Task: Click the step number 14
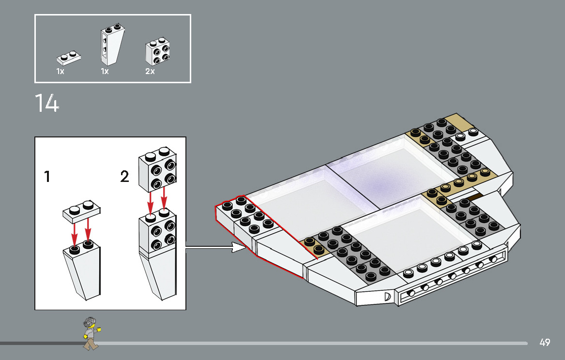pos(47,103)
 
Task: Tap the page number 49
pos(545,343)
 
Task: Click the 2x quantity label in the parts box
pos(150,72)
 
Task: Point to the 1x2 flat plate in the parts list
pos(69,58)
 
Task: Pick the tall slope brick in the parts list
pos(111,45)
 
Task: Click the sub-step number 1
pos(47,177)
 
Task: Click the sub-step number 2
pos(125,177)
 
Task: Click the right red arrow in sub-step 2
pos(164,200)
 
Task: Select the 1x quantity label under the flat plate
pos(60,72)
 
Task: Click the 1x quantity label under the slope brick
pos(105,72)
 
